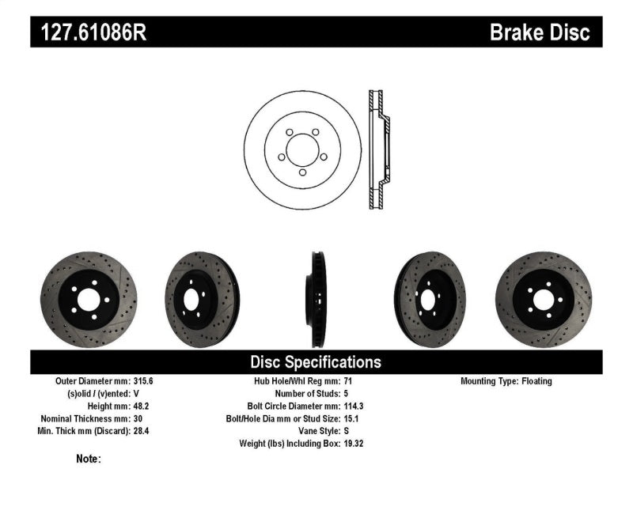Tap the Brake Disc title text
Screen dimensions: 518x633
tap(540, 32)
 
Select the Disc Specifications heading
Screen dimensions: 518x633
tap(316, 362)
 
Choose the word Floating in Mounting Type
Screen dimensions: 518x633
tap(537, 381)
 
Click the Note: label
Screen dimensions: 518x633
tap(89, 459)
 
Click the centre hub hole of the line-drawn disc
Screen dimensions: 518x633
tap(302, 149)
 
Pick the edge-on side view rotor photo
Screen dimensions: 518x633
tap(315, 299)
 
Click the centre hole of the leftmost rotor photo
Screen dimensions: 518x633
tap(88, 299)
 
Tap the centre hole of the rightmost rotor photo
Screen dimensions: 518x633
tap(543, 299)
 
